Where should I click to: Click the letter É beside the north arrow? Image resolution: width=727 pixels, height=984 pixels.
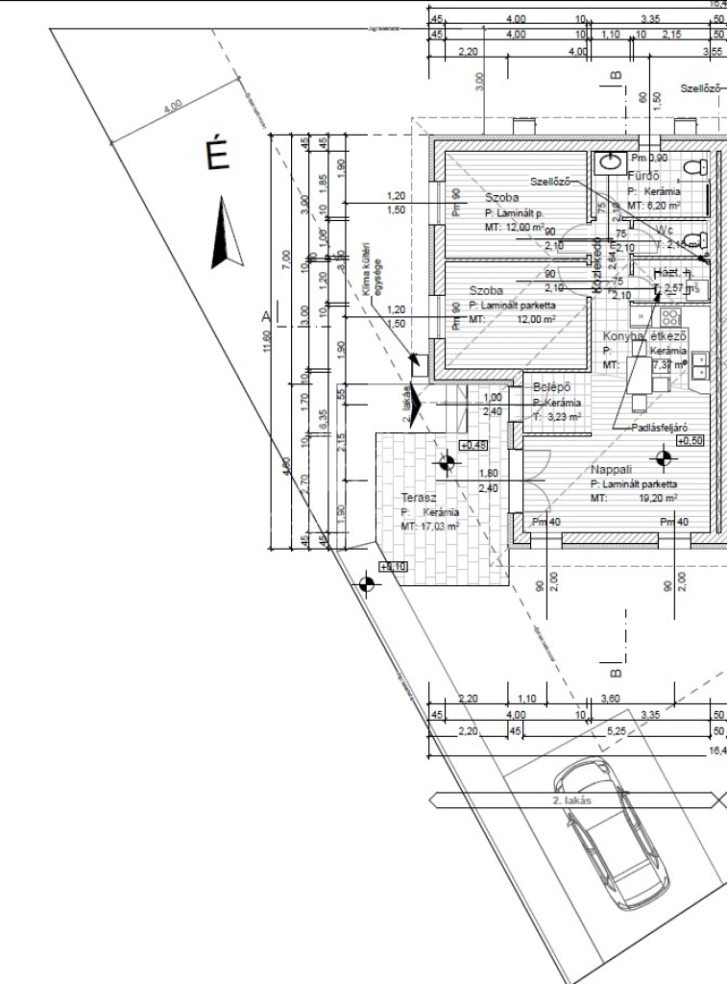pos(218,156)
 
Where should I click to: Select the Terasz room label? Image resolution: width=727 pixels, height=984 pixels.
pos(420,498)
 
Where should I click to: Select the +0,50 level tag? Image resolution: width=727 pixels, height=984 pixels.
pos(690,440)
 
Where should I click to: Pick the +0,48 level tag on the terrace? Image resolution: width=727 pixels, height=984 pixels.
pos(473,445)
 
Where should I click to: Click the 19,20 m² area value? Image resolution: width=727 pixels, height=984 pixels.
pos(657,500)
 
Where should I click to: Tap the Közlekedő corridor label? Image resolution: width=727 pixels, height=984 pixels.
pos(596,266)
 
